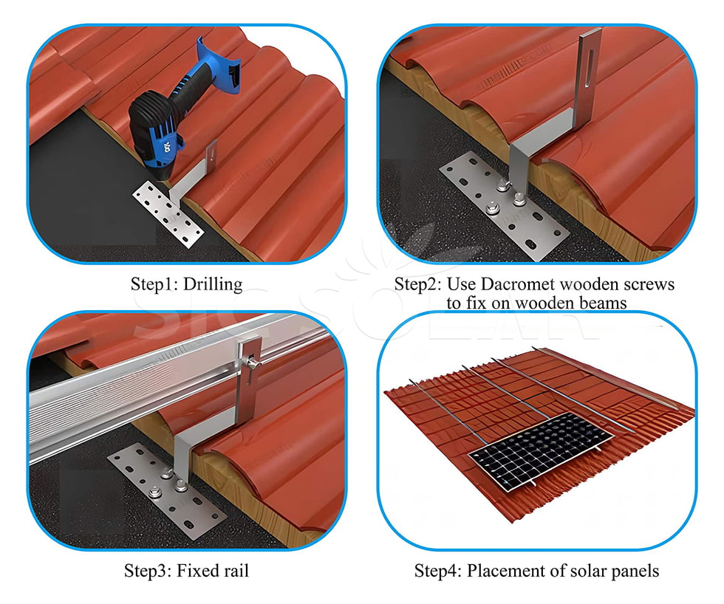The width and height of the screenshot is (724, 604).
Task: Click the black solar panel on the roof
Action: [x=540, y=450]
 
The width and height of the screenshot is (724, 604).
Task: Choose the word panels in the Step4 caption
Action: [x=635, y=571]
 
